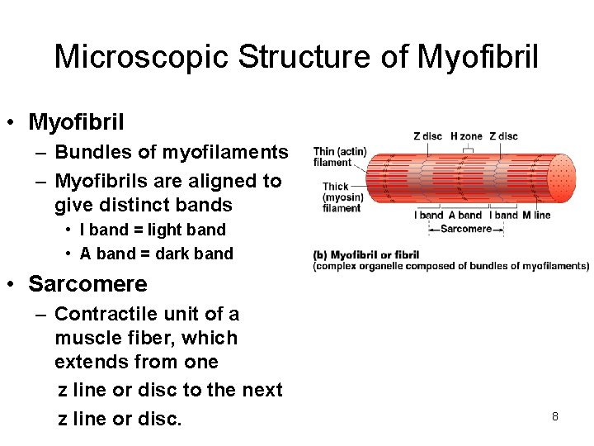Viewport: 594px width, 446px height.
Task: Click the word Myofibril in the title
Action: coord(478,58)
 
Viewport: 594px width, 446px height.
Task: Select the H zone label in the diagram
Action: coord(467,136)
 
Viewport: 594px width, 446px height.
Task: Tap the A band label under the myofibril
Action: coord(464,216)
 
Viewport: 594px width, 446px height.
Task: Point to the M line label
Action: coord(536,216)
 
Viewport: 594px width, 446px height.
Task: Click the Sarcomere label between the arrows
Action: coord(465,229)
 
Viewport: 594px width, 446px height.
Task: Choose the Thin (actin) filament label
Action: coord(339,157)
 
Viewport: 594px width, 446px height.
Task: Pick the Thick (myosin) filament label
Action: coord(342,197)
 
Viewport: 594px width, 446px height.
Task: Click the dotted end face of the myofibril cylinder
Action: coord(562,178)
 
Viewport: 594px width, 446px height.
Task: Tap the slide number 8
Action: coord(555,416)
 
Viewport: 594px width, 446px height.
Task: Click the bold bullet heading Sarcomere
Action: coord(87,284)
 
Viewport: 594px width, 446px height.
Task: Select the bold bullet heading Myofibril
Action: coord(76,123)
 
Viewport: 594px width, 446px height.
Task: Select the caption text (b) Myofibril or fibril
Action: coord(366,254)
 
